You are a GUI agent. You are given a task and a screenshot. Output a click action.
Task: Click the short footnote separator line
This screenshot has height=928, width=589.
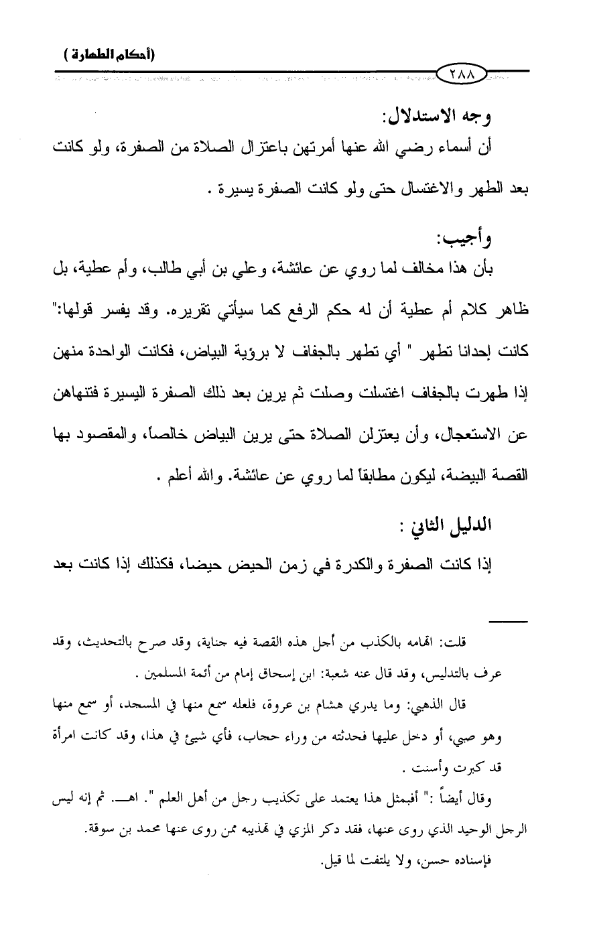pyautogui.click(x=508, y=622)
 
